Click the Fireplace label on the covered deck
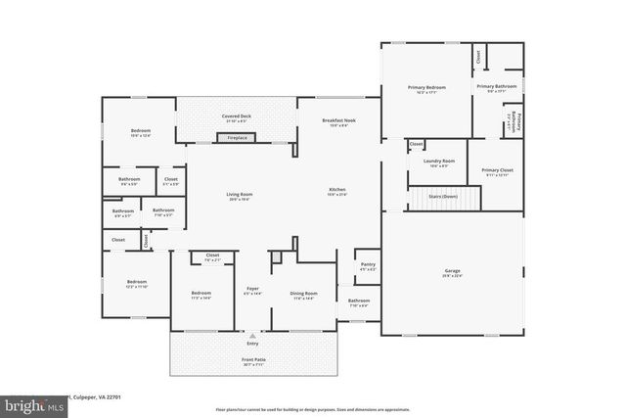point(237,138)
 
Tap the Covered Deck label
point(237,116)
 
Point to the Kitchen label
point(336,190)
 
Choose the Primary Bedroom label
point(426,88)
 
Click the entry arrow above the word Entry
point(252,335)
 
